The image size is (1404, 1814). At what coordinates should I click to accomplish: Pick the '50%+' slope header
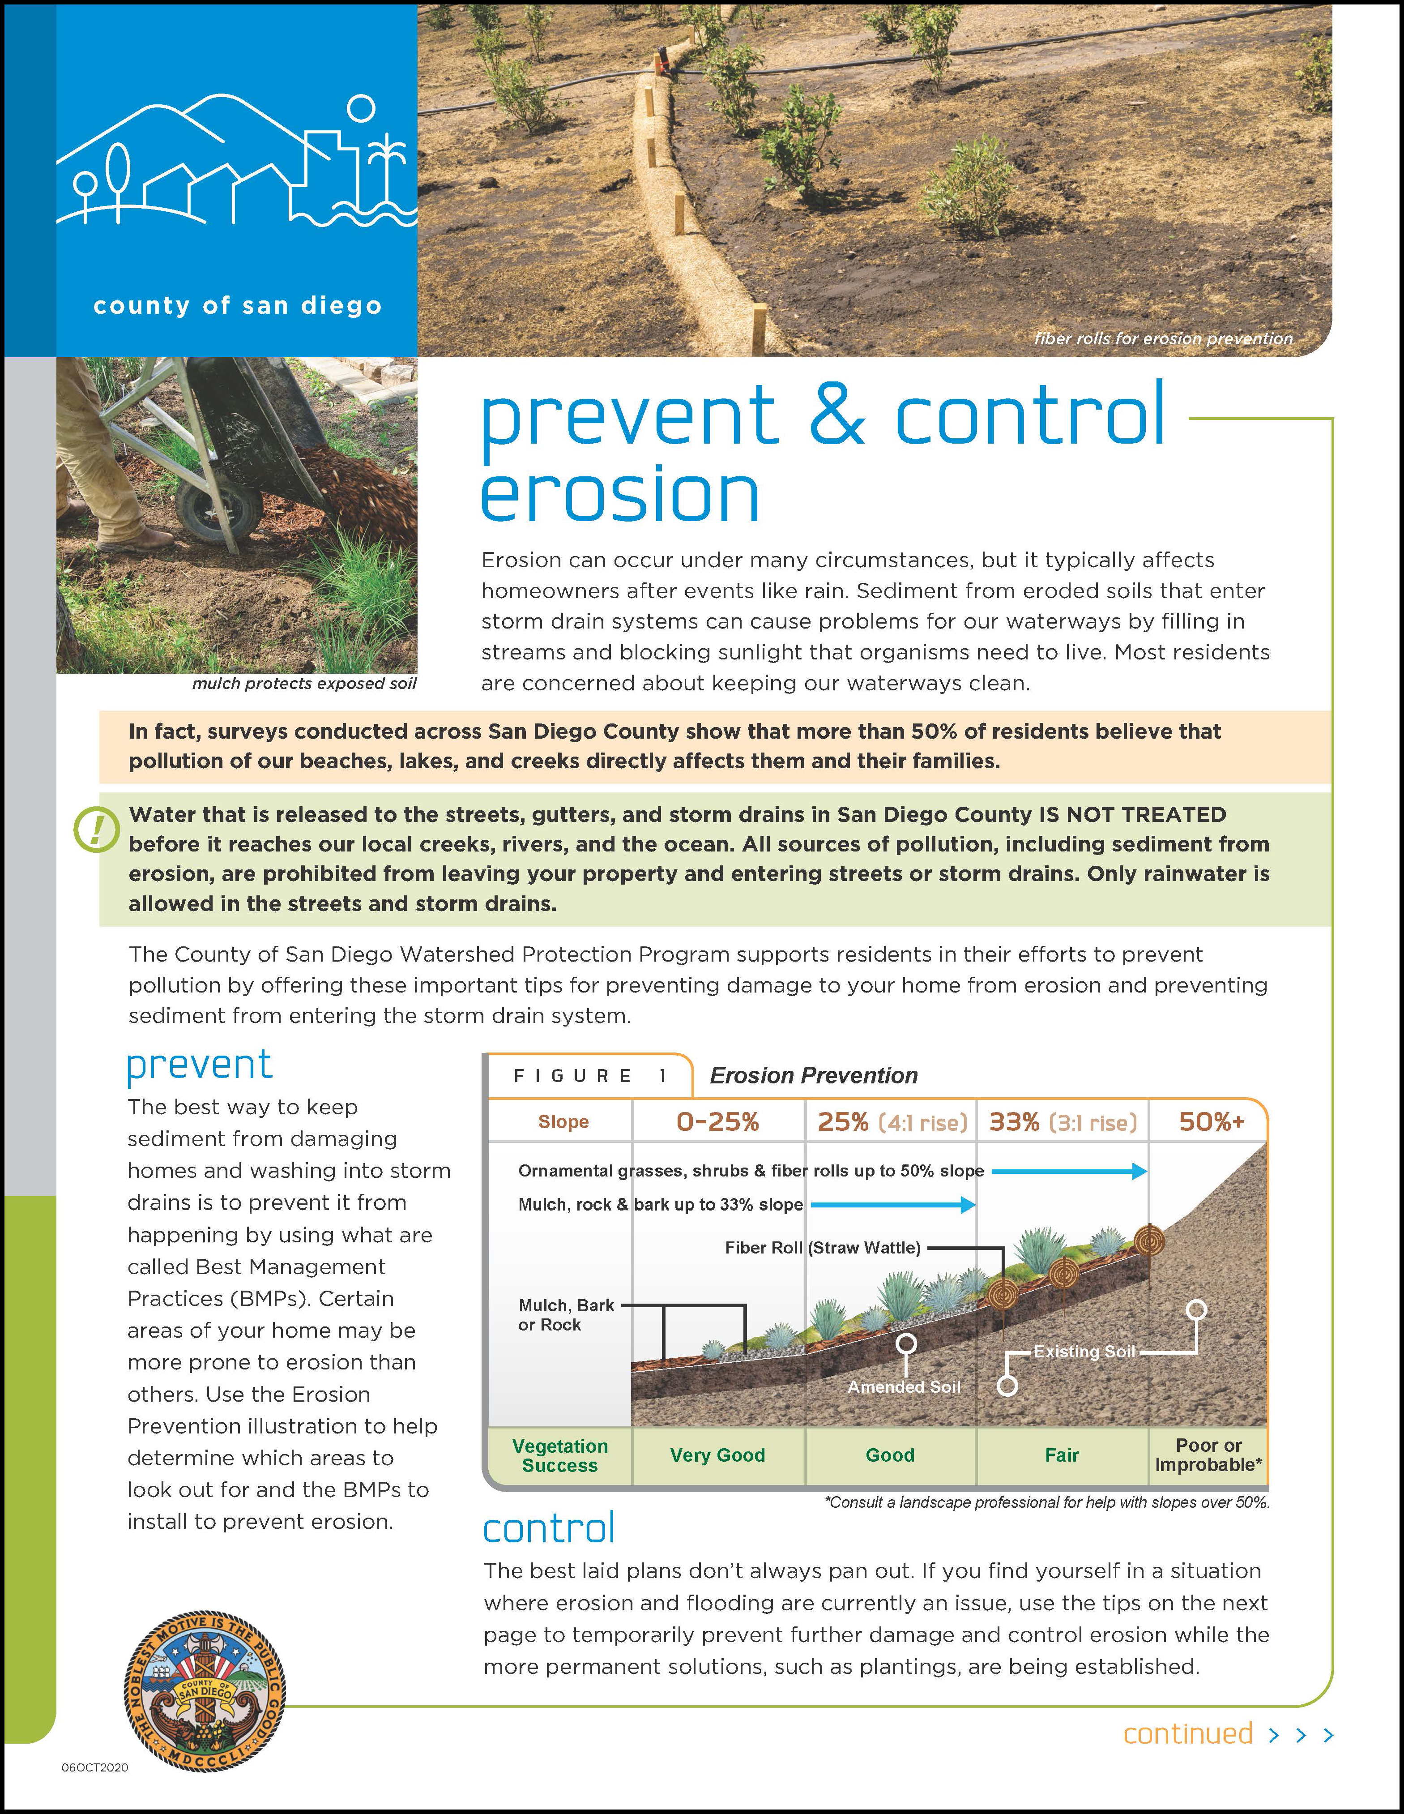[1212, 1122]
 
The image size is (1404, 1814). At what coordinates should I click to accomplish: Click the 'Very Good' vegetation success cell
[717, 1455]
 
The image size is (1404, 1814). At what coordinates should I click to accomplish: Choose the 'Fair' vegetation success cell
[1062, 1455]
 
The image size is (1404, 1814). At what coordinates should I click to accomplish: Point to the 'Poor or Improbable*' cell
[1208, 1455]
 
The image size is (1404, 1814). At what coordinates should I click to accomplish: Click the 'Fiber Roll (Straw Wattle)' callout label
[823, 1248]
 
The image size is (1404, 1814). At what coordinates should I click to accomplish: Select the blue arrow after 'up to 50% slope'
[1069, 1171]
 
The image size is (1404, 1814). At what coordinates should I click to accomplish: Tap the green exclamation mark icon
[97, 830]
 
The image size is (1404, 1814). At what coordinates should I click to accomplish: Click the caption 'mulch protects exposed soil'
[304, 684]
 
